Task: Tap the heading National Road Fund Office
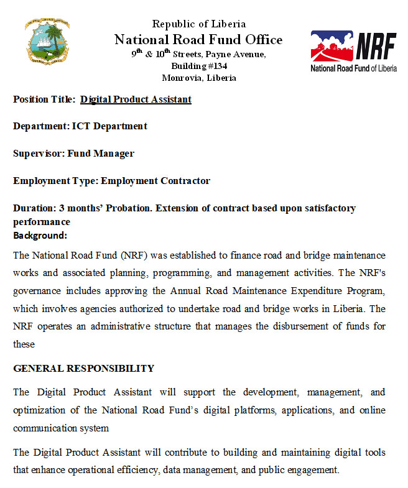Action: tap(198, 40)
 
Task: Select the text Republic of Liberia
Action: tap(198, 24)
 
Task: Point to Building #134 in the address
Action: tap(198, 66)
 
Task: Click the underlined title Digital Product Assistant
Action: tap(136, 99)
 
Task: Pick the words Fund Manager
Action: tap(101, 154)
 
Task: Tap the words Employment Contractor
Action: tap(155, 181)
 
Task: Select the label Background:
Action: tap(40, 236)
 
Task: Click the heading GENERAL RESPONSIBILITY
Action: tap(83, 369)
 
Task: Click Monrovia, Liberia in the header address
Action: tap(198, 78)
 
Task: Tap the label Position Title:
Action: tap(44, 99)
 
